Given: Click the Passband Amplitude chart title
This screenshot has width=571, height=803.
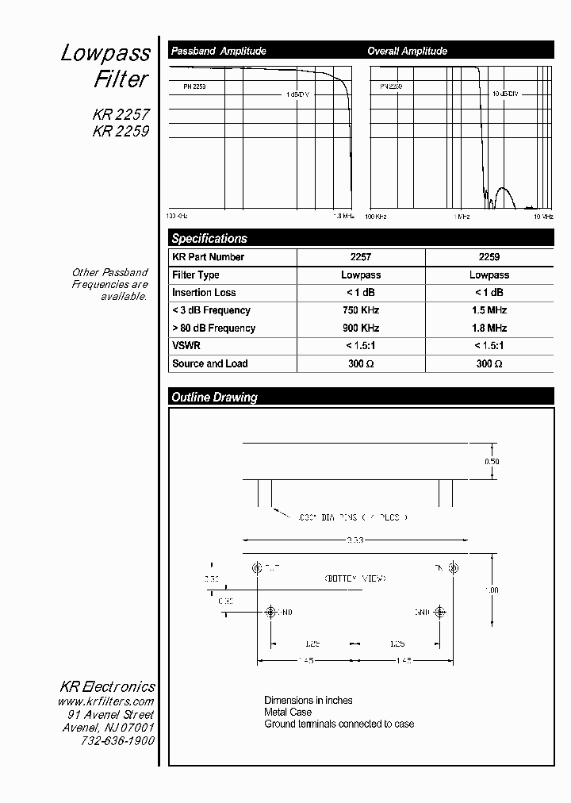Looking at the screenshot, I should tap(218, 51).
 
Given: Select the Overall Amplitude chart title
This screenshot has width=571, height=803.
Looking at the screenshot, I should tap(407, 51).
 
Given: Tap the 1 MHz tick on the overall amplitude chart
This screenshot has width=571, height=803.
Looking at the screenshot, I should tap(462, 216).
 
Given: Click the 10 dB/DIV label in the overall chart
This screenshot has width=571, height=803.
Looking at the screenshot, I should tap(505, 94).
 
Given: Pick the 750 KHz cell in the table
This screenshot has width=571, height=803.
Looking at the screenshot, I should tap(361, 310).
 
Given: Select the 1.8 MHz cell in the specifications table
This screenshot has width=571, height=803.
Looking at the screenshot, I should tap(489, 328).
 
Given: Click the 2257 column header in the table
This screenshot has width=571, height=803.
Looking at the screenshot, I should tap(361, 257).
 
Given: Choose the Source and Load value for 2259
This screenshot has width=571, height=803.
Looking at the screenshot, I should tap(489, 363).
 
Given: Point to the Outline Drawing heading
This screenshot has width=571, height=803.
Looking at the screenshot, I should tap(214, 397).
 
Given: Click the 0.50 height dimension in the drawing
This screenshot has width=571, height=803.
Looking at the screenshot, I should tap(492, 462).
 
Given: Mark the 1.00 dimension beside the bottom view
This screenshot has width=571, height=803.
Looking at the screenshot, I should tap(492, 590).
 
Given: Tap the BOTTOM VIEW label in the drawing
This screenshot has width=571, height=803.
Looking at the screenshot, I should tap(354, 578).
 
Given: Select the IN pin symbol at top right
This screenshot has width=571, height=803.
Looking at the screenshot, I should tap(454, 567).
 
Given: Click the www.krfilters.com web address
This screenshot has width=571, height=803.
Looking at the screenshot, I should tap(105, 701).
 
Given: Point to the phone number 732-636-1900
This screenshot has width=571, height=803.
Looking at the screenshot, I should tap(117, 740).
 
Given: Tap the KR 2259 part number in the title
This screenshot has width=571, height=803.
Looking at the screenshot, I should tap(121, 132).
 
